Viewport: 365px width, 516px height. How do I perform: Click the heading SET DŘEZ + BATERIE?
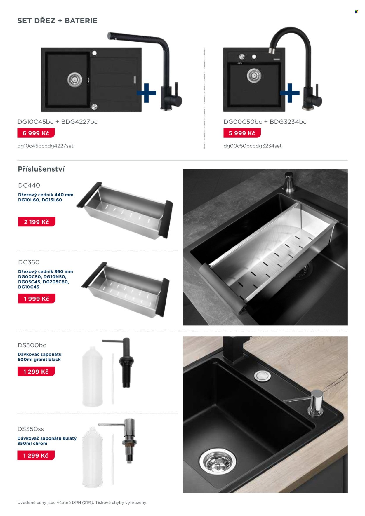(x=57, y=21)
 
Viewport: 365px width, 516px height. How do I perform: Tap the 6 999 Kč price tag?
(x=36, y=133)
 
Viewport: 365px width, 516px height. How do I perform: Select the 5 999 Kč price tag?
(x=242, y=133)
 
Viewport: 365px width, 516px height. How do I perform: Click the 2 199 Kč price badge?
(x=36, y=222)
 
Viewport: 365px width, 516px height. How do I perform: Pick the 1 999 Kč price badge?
(x=36, y=299)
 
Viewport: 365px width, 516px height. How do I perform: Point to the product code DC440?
(x=29, y=185)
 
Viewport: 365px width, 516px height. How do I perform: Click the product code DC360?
(x=29, y=262)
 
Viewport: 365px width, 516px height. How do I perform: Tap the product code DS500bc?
(x=32, y=345)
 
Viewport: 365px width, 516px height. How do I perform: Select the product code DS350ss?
(x=31, y=429)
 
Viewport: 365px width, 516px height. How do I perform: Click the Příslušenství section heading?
(x=41, y=169)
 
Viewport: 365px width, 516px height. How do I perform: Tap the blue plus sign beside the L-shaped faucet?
(x=146, y=93)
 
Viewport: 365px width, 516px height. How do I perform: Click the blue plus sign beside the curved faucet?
(x=290, y=93)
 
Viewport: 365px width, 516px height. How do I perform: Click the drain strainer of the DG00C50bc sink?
(x=254, y=76)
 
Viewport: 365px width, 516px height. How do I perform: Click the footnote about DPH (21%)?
(x=82, y=503)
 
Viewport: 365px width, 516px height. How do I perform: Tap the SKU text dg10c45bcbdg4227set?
(x=45, y=146)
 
